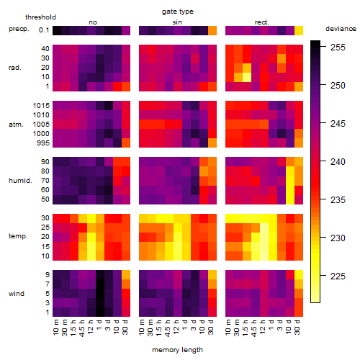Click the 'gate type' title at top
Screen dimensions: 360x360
coord(178,12)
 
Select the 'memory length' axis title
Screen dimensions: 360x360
coord(177,350)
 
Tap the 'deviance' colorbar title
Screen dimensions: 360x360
coord(341,29)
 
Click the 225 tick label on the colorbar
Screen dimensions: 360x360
coord(338,276)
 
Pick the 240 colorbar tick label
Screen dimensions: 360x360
coord(338,162)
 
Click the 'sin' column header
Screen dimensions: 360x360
coord(177,22)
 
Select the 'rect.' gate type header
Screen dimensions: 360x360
coord(262,22)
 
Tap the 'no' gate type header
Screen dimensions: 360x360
coord(93,22)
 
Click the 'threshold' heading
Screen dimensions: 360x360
coord(40,17)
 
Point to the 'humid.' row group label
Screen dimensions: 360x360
coord(20,181)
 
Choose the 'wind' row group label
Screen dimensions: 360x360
coord(17,294)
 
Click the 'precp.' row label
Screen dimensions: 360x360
coord(19,30)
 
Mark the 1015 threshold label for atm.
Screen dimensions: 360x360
coord(41,106)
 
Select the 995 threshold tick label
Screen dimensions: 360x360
coord(43,143)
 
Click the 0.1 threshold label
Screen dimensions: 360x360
coord(44,30)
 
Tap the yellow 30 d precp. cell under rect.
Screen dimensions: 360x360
coord(299,30)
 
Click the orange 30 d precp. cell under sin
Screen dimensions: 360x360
coord(212,30)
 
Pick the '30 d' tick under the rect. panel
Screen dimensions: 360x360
coord(297,327)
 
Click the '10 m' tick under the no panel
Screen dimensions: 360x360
coord(55,327)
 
